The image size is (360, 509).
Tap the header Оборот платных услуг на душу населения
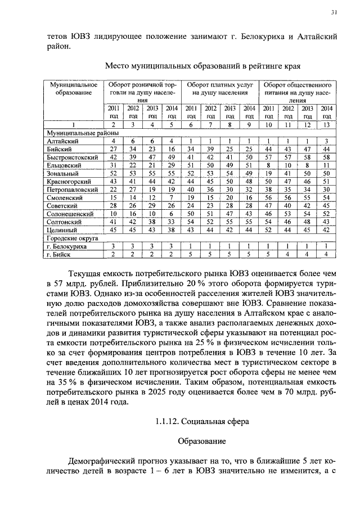pos(220,88)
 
